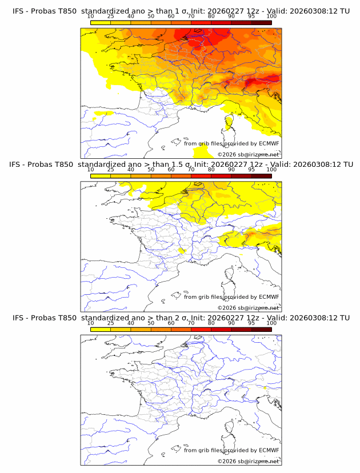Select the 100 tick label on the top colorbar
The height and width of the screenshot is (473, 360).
coord(271,17)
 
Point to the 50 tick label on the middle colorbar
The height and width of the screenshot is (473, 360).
coord(151,170)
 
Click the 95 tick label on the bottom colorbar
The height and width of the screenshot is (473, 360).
coord(251,323)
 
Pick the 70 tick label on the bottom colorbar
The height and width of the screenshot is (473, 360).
coord(191,323)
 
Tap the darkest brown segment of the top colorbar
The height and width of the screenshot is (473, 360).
coord(261,22)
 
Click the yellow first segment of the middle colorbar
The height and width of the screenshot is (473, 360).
coord(100,175)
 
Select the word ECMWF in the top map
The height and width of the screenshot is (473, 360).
coord(269,143)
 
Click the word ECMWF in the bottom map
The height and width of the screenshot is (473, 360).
coord(269,450)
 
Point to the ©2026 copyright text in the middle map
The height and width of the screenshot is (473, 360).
coord(248,307)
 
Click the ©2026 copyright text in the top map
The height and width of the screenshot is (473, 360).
coord(248,154)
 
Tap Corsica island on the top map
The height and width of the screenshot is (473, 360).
coord(229,124)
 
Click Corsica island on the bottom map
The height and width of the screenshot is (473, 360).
coord(229,430)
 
